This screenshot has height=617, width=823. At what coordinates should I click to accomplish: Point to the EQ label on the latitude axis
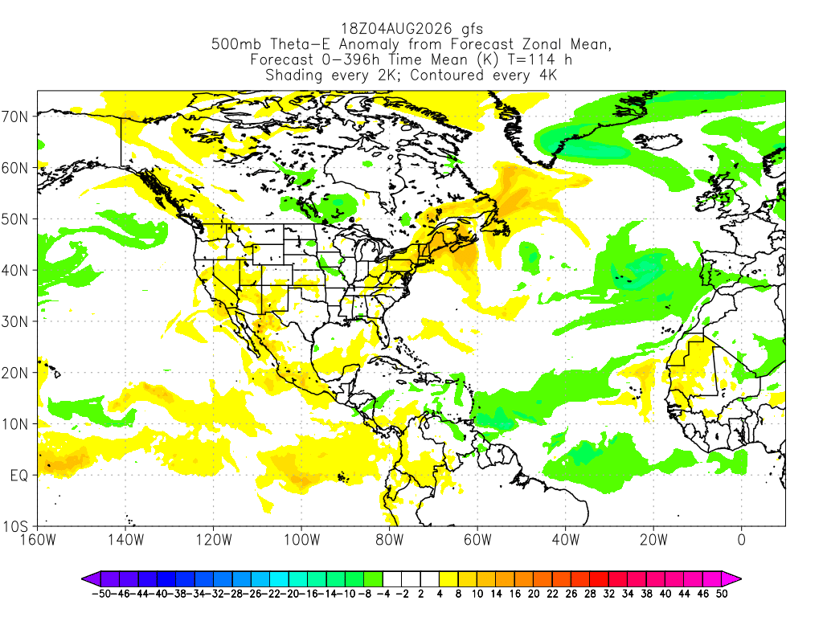(x=19, y=476)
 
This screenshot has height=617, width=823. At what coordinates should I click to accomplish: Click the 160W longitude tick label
(x=38, y=539)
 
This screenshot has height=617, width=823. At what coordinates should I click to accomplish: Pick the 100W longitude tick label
(x=302, y=539)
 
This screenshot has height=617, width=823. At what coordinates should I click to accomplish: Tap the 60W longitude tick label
(x=477, y=539)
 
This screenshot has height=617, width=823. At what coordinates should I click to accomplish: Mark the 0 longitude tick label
(x=741, y=539)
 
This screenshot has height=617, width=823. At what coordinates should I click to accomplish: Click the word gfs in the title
(x=473, y=30)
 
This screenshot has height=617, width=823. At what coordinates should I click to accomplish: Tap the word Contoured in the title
(x=447, y=75)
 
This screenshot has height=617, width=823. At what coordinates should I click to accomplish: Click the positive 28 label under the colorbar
(x=590, y=594)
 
